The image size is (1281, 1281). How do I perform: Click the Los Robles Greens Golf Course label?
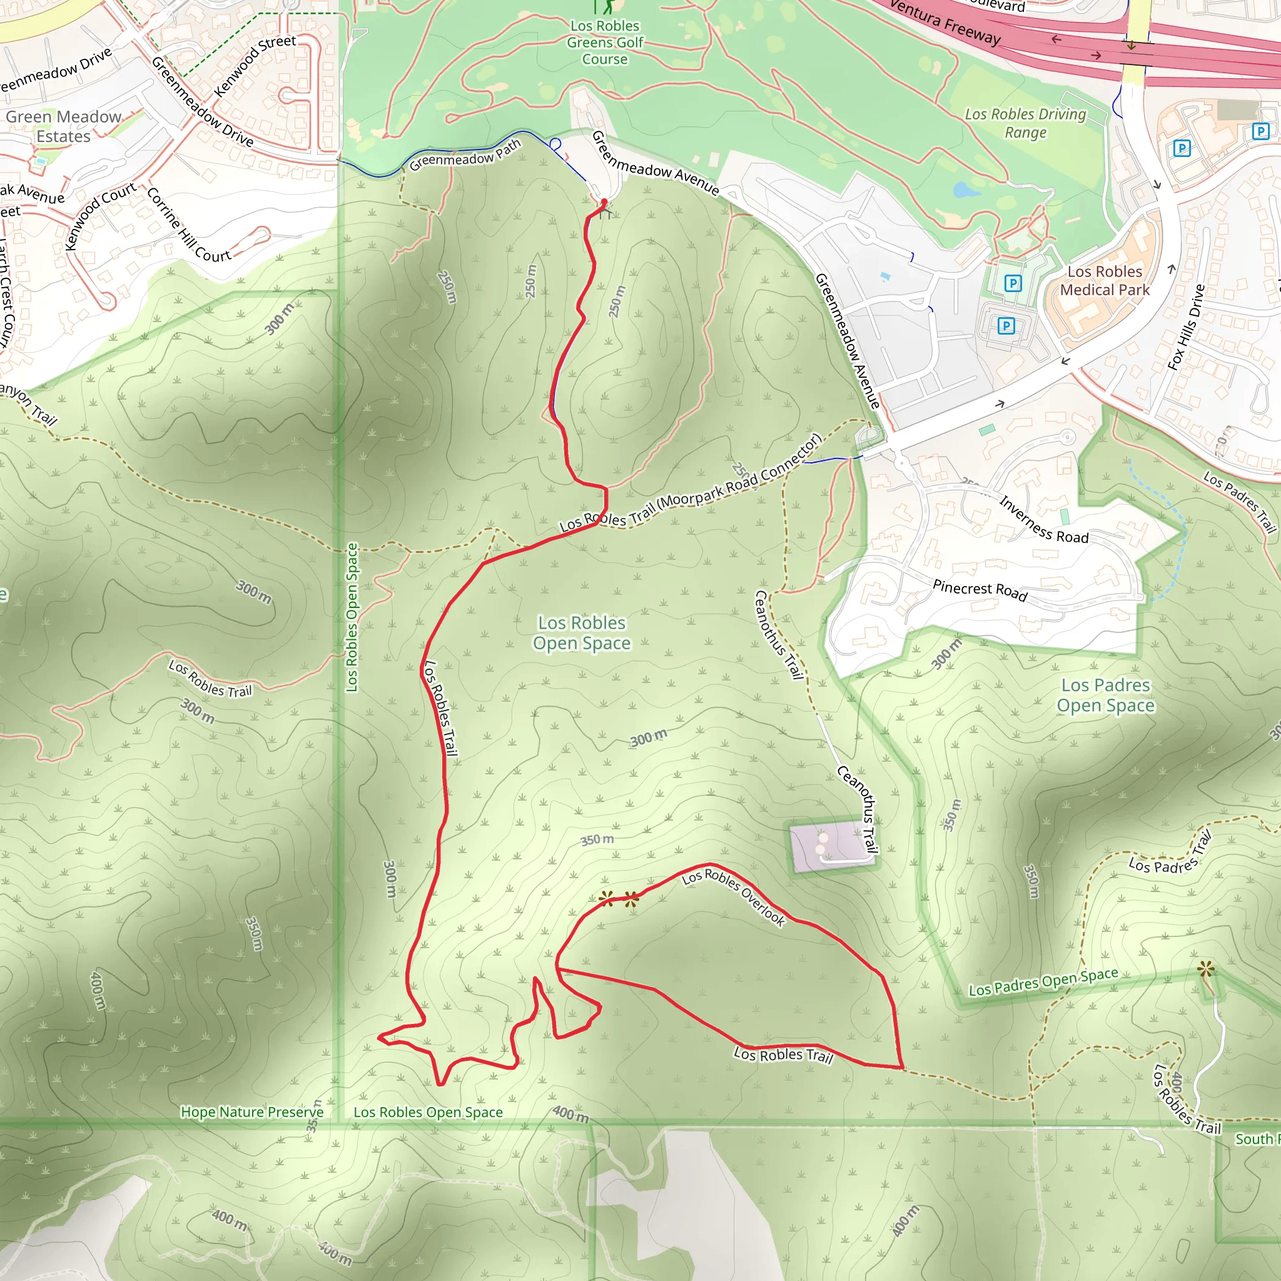tap(605, 43)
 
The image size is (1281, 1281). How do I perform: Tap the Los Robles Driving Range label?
tap(1025, 123)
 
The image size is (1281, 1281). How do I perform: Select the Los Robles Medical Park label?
tap(1105, 280)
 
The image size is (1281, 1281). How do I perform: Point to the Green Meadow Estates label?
tap(64, 126)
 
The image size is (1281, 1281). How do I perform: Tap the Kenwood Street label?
tap(255, 65)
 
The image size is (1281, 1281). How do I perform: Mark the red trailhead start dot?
tap(604, 201)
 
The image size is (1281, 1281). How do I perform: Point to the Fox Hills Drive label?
tap(1186, 327)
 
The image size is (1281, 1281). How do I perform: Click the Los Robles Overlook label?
tap(733, 896)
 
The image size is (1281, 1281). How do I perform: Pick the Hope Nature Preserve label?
tap(252, 1112)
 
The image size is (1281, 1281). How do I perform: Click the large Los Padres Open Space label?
tap(1105, 695)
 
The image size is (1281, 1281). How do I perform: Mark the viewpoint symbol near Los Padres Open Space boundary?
tap(1206, 970)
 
